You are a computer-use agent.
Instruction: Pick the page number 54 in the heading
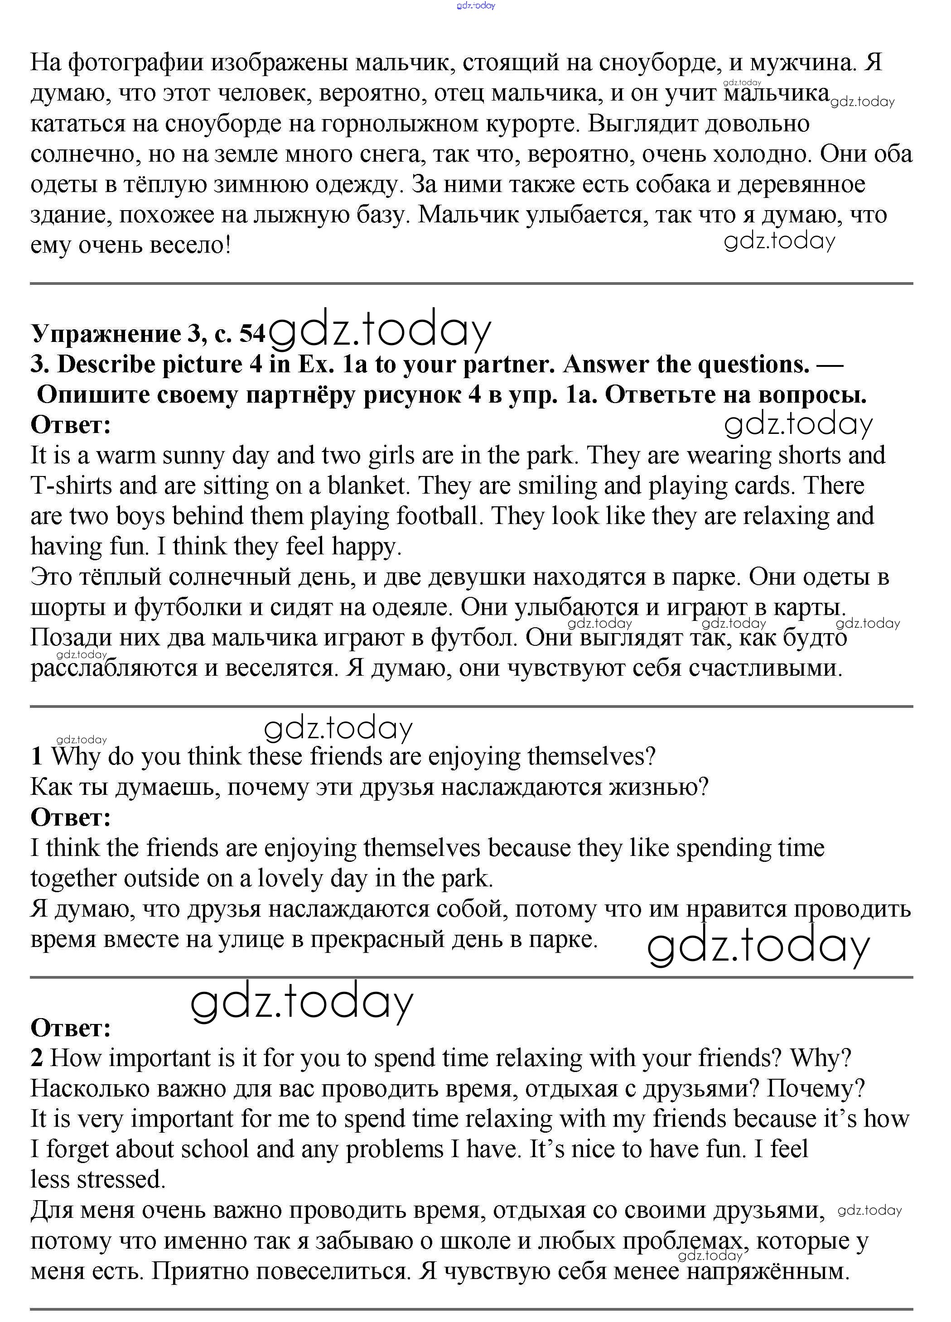(x=252, y=334)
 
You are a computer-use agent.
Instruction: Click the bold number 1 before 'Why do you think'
(x=37, y=757)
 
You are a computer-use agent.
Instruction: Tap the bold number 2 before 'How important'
(x=37, y=1058)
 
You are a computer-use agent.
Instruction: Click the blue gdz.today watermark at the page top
(x=476, y=6)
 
